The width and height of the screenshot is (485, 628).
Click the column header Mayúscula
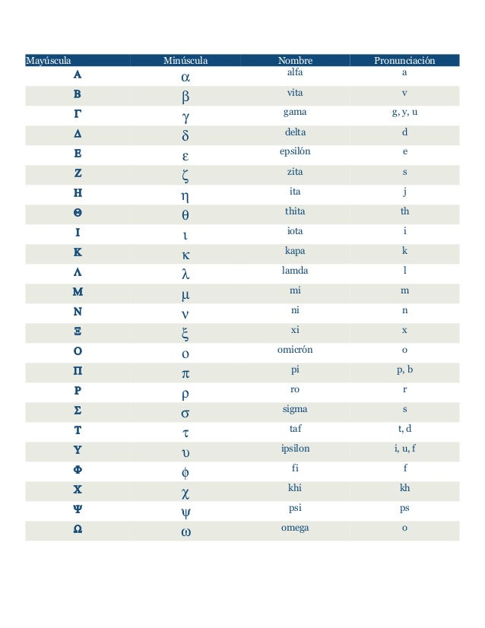[x=49, y=60]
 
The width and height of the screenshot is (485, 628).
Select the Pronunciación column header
[x=404, y=60]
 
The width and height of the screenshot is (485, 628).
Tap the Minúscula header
[x=186, y=60]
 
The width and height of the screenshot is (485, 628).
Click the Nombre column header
[x=295, y=60]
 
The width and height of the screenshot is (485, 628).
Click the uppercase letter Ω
[x=78, y=529]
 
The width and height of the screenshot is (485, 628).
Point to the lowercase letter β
[x=185, y=97]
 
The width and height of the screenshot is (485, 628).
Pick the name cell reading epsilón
[x=295, y=151]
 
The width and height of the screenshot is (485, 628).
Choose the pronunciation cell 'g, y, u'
[x=404, y=112]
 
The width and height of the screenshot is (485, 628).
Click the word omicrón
[x=295, y=350]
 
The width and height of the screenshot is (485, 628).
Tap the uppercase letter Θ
[x=78, y=213]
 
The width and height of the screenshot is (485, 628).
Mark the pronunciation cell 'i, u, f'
[x=404, y=449]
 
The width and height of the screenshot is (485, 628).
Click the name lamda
[x=295, y=270]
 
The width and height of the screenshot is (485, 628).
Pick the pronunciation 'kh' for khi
[x=404, y=488]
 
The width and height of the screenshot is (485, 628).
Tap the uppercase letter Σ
[x=78, y=411]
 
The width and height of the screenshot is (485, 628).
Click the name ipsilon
[x=295, y=449]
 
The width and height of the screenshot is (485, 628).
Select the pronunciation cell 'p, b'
[x=404, y=370]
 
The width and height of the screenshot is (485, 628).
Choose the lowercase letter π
[x=185, y=374]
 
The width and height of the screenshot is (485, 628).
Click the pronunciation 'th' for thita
[x=404, y=211]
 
